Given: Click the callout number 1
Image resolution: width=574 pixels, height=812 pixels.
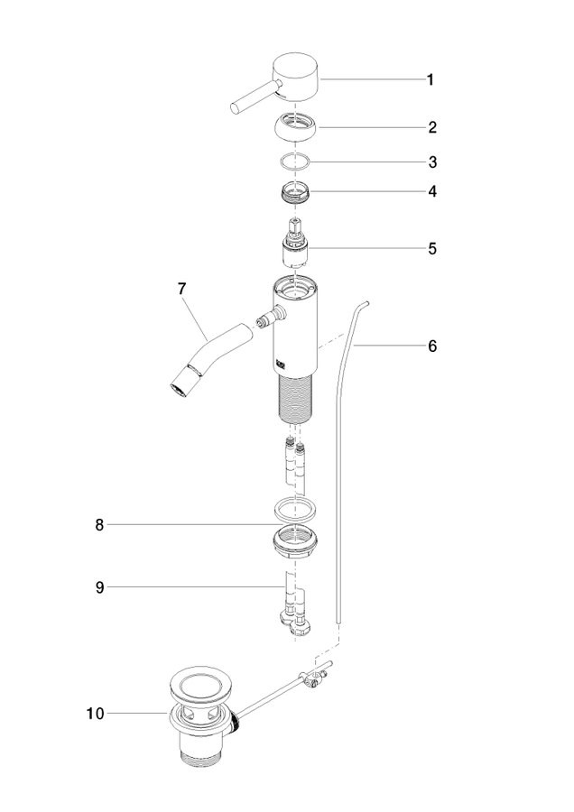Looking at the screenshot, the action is point(430,79).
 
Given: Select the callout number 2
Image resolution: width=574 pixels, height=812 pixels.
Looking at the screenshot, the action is point(432,127).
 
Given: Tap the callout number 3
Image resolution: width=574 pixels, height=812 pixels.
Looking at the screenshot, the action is point(432,162).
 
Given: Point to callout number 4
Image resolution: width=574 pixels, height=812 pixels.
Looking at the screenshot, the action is point(432,191).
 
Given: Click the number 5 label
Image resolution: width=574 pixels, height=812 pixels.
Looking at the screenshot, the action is point(432,249).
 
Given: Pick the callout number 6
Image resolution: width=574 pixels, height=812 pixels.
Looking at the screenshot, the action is point(432,346).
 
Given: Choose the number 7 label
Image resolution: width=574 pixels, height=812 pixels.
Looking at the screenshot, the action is point(181,289).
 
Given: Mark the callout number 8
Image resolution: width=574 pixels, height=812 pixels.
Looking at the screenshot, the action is point(99,525).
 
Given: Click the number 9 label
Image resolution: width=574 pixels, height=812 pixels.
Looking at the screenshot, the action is point(99,587).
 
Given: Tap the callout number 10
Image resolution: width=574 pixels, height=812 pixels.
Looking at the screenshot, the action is point(96,714).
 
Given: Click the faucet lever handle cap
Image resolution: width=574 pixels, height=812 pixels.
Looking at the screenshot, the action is point(295,77).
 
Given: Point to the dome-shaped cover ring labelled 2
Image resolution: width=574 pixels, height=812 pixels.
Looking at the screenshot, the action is point(295,127).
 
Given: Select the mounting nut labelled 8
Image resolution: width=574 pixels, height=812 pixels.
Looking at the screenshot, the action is point(295,541).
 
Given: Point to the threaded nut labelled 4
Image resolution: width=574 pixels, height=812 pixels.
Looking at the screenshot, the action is point(295,193).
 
